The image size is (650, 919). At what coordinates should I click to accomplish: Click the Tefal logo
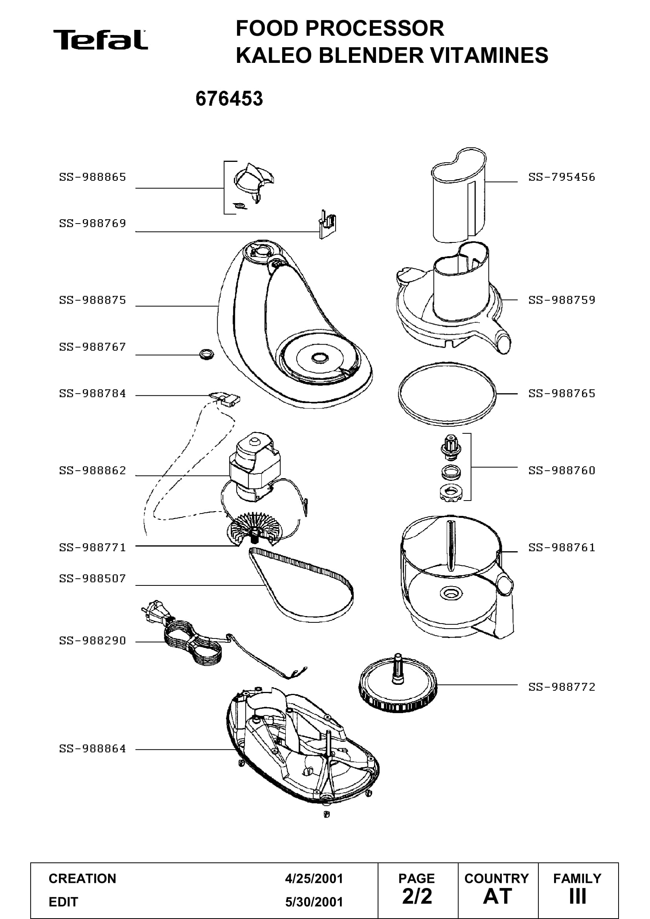[101, 40]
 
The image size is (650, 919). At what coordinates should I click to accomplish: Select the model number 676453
[229, 99]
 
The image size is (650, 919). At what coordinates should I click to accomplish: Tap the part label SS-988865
[92, 177]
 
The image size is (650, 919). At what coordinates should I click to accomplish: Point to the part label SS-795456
[562, 177]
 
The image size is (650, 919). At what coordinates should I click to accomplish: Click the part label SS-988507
[92, 578]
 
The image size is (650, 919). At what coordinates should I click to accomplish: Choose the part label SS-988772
[562, 687]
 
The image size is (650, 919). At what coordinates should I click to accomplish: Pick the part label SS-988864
[92, 748]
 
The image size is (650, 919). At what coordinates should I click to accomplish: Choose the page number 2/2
[417, 896]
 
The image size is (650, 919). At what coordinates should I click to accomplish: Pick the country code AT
[498, 896]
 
